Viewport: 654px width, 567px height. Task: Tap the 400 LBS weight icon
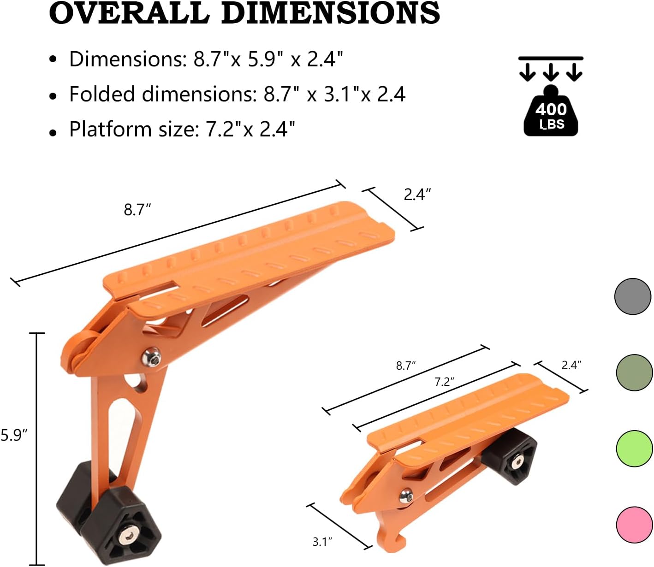[x=551, y=113]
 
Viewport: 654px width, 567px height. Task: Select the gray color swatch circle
[x=633, y=296]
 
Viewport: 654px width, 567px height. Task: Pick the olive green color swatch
[x=634, y=372]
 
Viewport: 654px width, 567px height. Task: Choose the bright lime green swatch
[x=634, y=449]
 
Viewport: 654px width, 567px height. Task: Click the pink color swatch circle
[x=634, y=525]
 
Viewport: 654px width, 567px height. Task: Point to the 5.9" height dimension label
[x=14, y=435]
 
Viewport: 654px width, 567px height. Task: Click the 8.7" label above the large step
[x=137, y=210]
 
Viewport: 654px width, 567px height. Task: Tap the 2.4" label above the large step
[x=417, y=195]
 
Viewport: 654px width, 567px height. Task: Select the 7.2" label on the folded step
[x=444, y=382]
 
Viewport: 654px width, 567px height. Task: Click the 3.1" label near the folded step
[x=322, y=542]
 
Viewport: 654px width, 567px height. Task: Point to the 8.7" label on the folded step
[x=406, y=366]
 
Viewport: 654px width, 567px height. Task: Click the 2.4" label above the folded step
[x=571, y=365]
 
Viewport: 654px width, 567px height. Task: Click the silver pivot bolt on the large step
[x=152, y=358]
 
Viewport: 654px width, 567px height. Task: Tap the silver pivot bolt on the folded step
[x=405, y=496]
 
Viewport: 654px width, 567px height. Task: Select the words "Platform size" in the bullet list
[x=133, y=129]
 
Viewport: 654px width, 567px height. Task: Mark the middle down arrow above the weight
[x=551, y=72]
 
